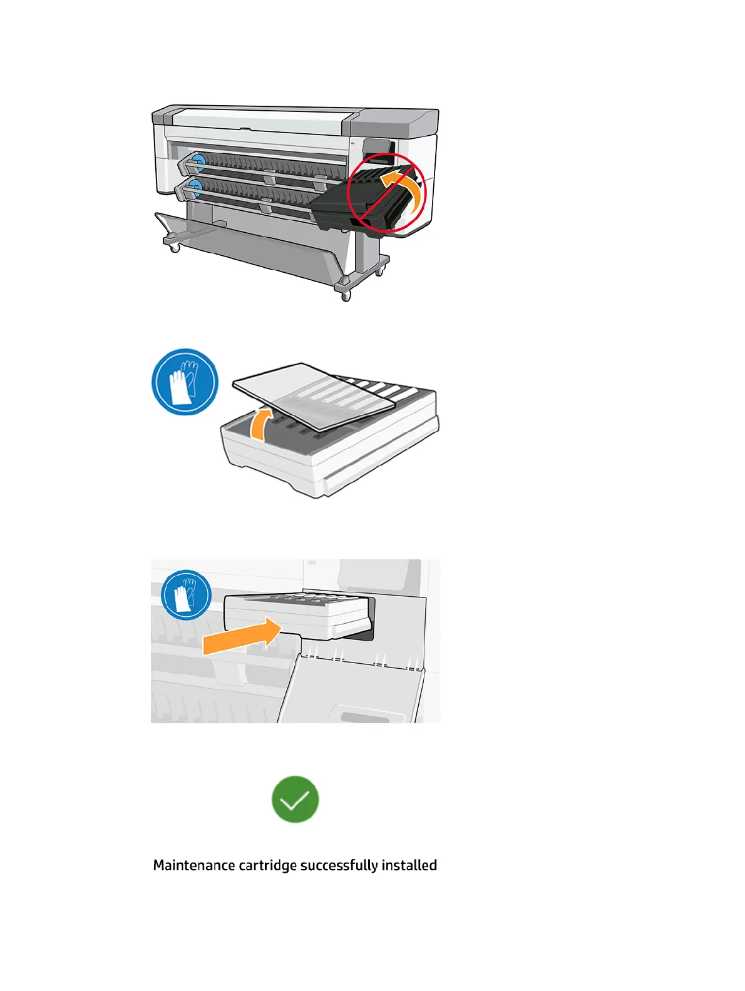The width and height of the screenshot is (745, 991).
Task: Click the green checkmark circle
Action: pyautogui.click(x=295, y=799)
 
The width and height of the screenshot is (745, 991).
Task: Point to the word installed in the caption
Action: pyautogui.click(x=409, y=865)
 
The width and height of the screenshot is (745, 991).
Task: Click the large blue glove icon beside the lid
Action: pyautogui.click(x=185, y=382)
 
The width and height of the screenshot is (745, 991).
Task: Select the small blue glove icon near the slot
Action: pyautogui.click(x=186, y=594)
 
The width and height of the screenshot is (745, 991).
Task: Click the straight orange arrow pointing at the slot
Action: pyautogui.click(x=241, y=636)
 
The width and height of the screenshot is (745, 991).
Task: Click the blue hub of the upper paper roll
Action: pyautogui.click(x=198, y=161)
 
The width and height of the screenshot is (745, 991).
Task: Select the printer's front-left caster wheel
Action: pyautogui.click(x=175, y=247)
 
